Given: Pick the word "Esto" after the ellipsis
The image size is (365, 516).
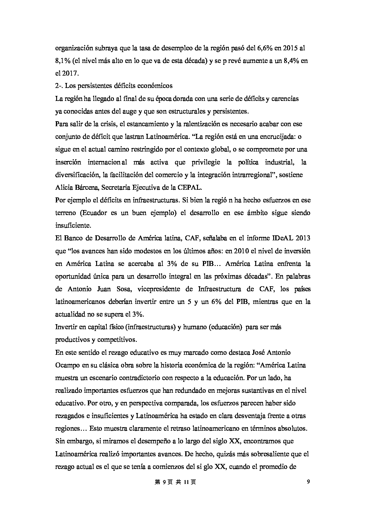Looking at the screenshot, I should [96, 428].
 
